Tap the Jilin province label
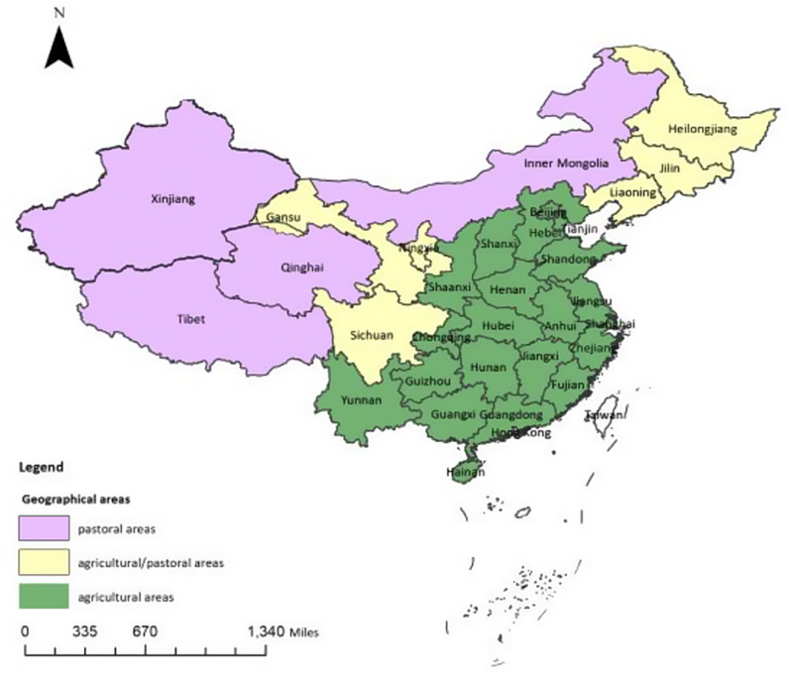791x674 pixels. coord(671,168)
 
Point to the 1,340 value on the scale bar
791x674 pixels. coord(267,631)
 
